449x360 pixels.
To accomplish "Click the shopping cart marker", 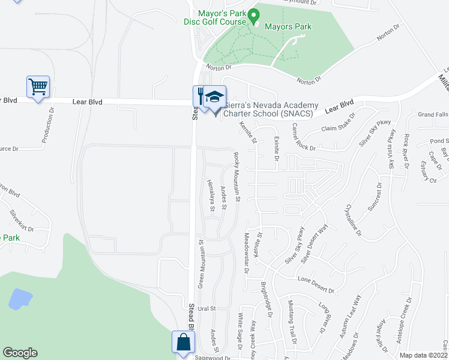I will [38, 87].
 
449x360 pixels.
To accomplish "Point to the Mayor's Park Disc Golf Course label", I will [215, 17].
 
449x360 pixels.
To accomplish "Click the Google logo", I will [20, 353].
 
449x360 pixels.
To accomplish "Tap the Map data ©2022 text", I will [423, 355].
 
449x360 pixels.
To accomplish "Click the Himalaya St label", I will [211, 196].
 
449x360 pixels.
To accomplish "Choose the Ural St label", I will [206, 308].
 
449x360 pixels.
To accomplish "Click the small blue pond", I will [20, 298].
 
